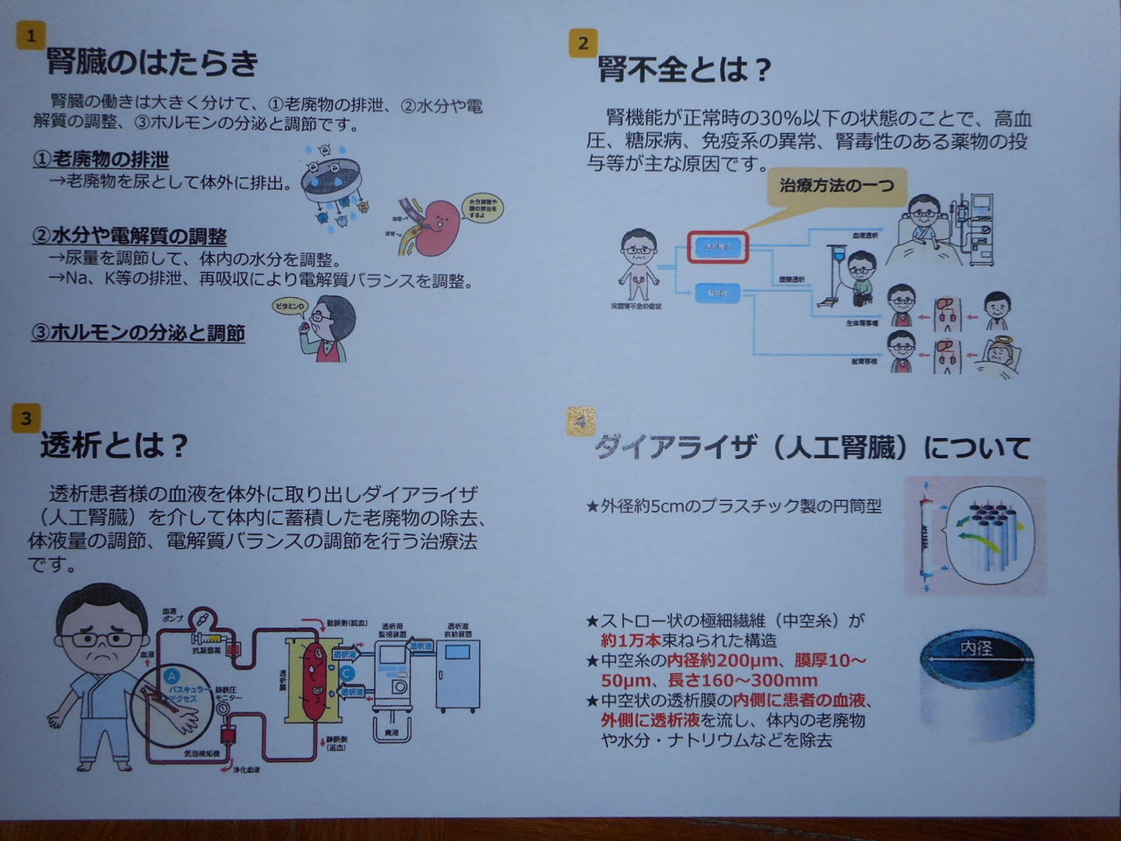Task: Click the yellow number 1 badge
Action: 31,36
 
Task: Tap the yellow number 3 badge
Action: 26,419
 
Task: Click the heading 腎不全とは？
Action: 684,69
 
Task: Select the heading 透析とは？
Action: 114,447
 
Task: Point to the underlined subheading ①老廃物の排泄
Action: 101,159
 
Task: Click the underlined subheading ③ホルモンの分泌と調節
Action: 137,334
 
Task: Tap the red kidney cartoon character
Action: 435,226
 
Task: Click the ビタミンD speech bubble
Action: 290,307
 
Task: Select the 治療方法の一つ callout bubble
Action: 836,187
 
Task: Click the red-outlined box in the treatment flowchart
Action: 717,248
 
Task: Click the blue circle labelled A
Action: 173,675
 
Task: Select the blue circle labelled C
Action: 348,673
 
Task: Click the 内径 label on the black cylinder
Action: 976,649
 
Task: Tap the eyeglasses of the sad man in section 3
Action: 102,638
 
